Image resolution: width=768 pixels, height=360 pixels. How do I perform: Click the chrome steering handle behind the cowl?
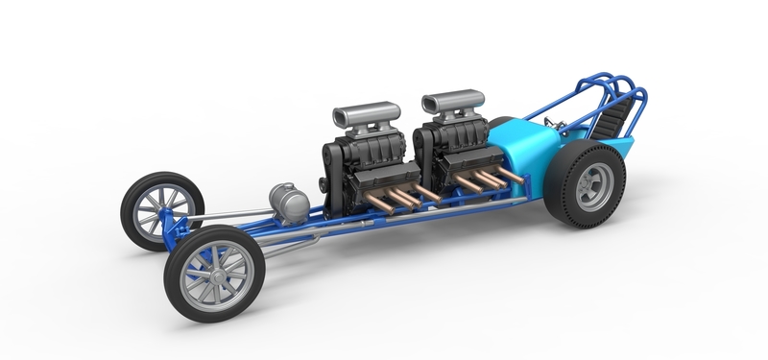point(551,122)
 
